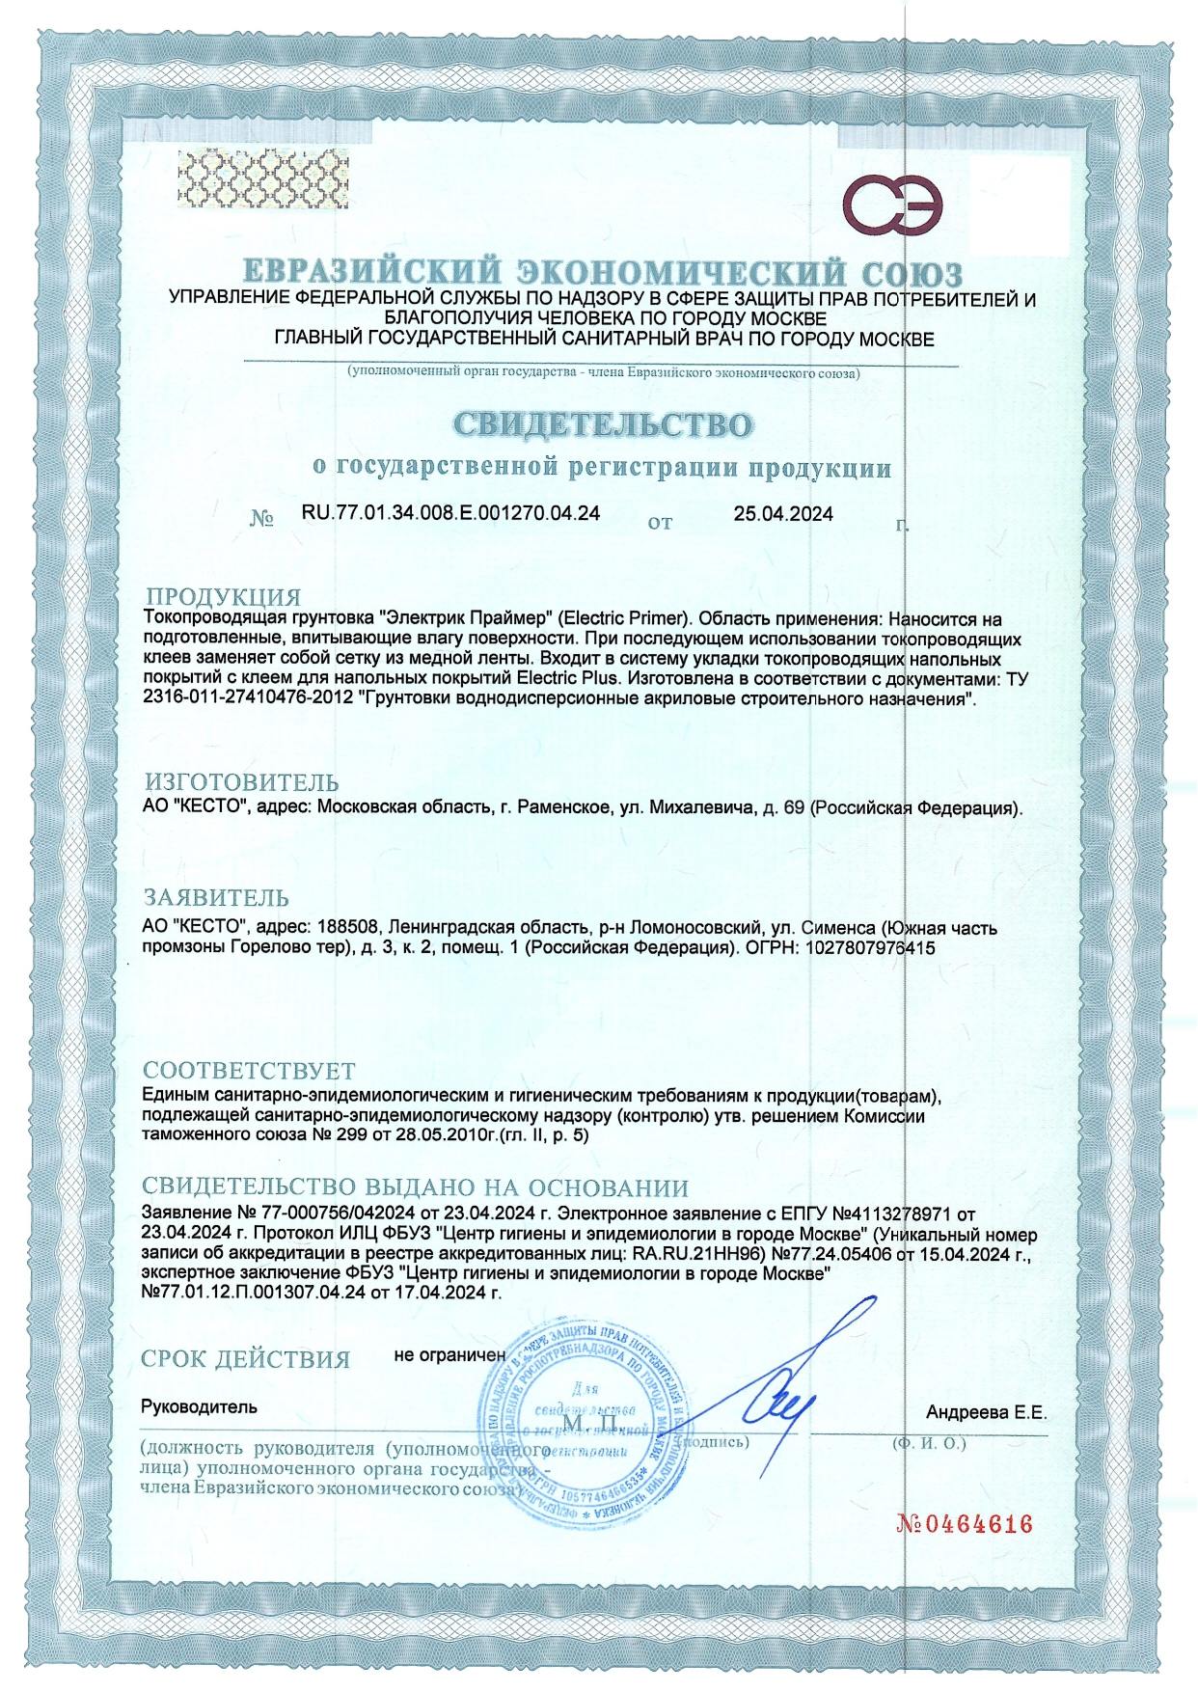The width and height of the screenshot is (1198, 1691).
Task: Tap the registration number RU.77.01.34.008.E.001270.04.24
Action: click(x=451, y=514)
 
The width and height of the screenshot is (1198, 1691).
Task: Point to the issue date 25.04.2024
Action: click(x=783, y=514)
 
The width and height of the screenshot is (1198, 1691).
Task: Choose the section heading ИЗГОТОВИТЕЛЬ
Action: click(x=241, y=780)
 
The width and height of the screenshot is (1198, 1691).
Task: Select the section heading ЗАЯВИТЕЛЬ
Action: click(x=215, y=901)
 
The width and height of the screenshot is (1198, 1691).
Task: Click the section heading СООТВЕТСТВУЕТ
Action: click(x=249, y=1071)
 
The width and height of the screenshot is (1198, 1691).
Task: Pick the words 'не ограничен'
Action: click(x=449, y=1354)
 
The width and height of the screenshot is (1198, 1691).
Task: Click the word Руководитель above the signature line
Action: click(x=200, y=1405)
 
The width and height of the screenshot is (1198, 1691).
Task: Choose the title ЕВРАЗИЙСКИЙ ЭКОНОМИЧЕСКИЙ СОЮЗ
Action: click(x=602, y=269)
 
